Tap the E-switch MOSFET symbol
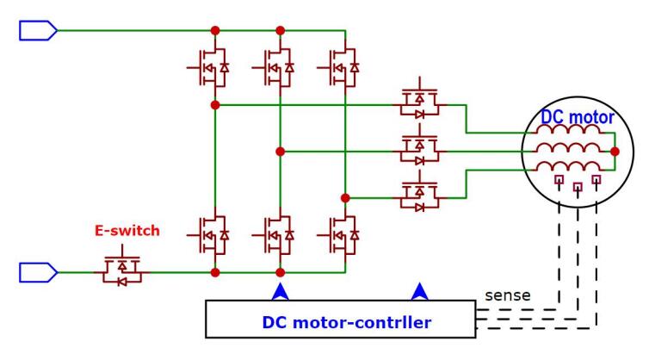[121, 270]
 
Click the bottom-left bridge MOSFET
[209, 234]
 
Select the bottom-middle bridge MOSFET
[274, 234]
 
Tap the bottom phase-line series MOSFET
[420, 195]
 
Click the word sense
[507, 295]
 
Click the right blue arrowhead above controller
[420, 292]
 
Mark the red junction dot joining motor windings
[615, 151]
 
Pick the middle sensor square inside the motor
[578, 185]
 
